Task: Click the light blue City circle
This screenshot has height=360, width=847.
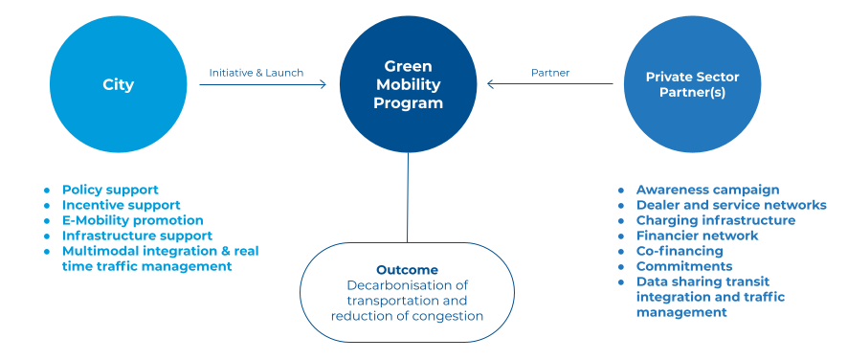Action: [x=119, y=84]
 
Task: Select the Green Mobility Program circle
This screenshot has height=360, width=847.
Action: [x=409, y=84]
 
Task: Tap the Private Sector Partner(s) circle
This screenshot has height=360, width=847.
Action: [x=693, y=84]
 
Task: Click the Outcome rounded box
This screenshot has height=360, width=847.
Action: [x=408, y=292]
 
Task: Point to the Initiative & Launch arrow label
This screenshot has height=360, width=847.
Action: [x=256, y=73]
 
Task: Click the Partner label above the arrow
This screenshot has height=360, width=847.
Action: [x=550, y=73]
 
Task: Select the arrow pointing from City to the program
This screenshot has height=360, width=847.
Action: [x=263, y=84]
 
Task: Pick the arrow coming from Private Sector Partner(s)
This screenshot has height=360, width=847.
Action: [x=550, y=84]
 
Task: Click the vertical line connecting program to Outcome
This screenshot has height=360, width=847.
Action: [x=408, y=197]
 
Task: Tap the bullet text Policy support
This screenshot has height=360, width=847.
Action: [x=110, y=190]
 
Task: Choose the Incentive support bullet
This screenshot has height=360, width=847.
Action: [x=121, y=206]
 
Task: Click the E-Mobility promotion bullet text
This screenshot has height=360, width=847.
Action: [x=133, y=220]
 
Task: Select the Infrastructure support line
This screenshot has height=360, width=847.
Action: [x=137, y=236]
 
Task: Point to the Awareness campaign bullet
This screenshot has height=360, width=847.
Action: [x=707, y=190]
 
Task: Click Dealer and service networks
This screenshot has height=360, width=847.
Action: [x=731, y=205]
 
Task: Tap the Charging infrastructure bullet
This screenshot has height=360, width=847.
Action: [x=716, y=220]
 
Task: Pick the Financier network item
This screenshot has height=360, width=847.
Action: [x=698, y=236]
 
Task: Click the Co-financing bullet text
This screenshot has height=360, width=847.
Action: [x=680, y=251]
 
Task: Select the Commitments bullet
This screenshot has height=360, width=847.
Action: [x=684, y=266]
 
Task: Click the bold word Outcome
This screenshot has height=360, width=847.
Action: [x=408, y=270]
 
